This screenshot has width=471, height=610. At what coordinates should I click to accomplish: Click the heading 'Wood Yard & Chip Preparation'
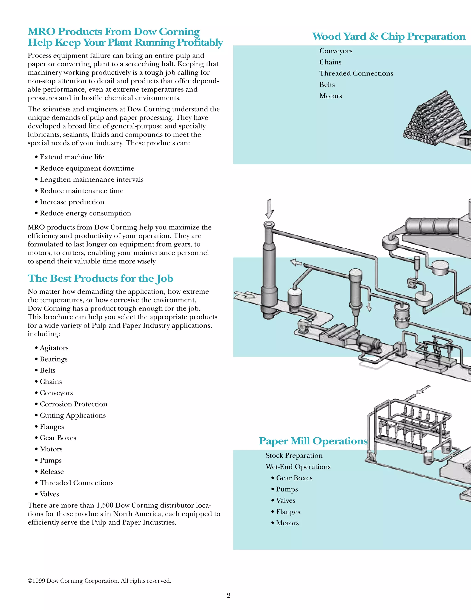(x=388, y=37)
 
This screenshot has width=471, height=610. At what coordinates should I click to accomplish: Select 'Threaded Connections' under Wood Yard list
(x=356, y=73)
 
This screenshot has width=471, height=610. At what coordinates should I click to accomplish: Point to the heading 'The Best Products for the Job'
(x=101, y=279)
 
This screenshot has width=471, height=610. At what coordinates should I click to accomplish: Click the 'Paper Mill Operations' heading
(x=313, y=441)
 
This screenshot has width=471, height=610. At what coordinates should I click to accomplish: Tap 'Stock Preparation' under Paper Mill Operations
(x=294, y=456)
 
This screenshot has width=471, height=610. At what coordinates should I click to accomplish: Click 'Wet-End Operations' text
(x=298, y=467)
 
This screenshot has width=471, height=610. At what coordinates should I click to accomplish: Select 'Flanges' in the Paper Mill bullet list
(x=288, y=512)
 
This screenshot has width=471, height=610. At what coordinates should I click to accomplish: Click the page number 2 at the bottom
(x=229, y=595)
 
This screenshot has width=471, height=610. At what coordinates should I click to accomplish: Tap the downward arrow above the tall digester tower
(x=269, y=209)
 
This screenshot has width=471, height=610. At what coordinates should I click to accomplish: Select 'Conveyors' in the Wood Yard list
(x=336, y=51)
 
